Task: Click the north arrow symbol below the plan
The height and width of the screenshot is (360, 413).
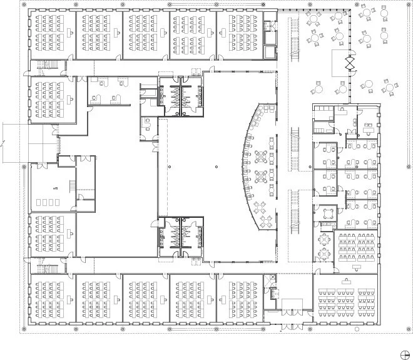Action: pyautogui.click(x=404, y=351)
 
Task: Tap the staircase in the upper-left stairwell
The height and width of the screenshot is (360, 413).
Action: pyautogui.click(x=46, y=65)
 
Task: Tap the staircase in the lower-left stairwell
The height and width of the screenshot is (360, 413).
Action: pyautogui.click(x=46, y=267)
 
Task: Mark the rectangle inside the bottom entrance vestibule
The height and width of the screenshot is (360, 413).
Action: pyautogui.click(x=292, y=306)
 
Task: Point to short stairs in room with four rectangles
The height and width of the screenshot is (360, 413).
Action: pyautogui.click(x=73, y=186)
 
